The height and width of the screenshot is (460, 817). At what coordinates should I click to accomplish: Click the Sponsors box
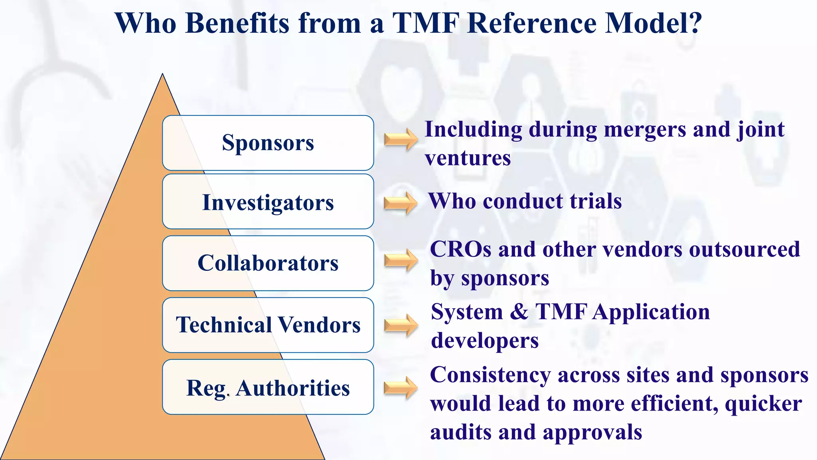pos(268,143)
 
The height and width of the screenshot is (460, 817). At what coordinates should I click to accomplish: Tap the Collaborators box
pos(268,263)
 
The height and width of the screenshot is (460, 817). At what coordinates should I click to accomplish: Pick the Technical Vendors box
pos(268,325)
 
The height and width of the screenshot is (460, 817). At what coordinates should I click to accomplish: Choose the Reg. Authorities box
pos(268,387)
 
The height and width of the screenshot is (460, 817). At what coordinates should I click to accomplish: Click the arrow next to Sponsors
pos(401,139)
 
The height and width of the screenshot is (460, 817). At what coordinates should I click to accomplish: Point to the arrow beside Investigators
pos(400,203)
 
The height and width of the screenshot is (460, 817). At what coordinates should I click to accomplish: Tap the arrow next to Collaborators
pos(401,260)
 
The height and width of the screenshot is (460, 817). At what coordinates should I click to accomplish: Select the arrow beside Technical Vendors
pos(401,325)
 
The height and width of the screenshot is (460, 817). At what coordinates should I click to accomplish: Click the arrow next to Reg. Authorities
pos(400,388)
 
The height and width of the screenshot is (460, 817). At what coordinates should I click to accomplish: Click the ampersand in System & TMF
pos(519,312)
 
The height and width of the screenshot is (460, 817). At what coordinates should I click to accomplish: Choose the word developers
pos(485,341)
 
